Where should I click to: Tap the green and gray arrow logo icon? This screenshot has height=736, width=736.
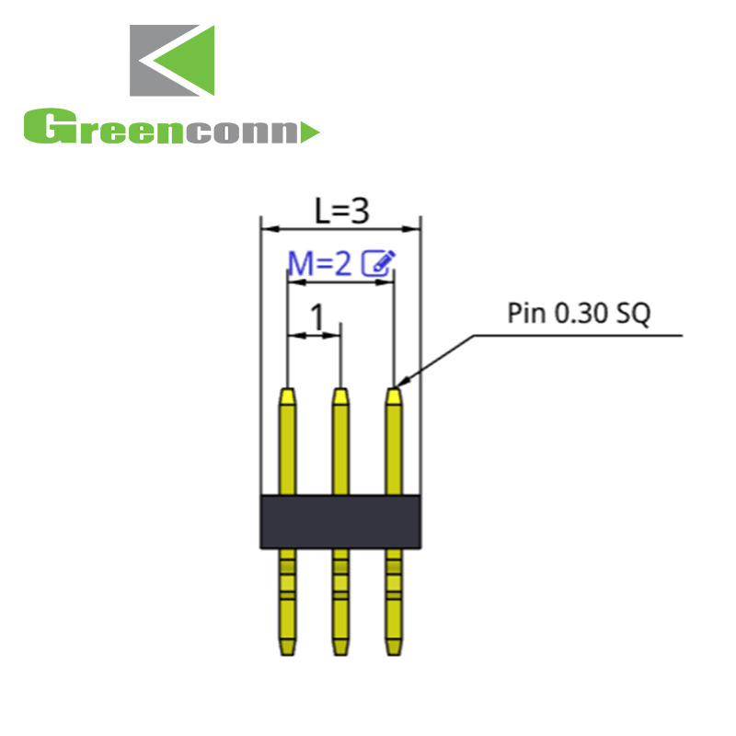pos(172,61)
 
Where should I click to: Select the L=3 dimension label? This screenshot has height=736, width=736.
pos(341,213)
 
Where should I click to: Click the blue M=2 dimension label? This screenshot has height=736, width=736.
pos(320,265)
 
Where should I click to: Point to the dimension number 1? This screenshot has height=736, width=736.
pos(317,318)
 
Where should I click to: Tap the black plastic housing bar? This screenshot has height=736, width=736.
pos(341,521)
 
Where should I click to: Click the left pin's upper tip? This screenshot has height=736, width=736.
pos(288,396)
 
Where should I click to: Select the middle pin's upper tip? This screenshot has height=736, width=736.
pos(341,396)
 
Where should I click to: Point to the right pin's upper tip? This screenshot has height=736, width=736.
pos(394,396)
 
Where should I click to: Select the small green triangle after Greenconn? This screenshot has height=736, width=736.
pos(310,132)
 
